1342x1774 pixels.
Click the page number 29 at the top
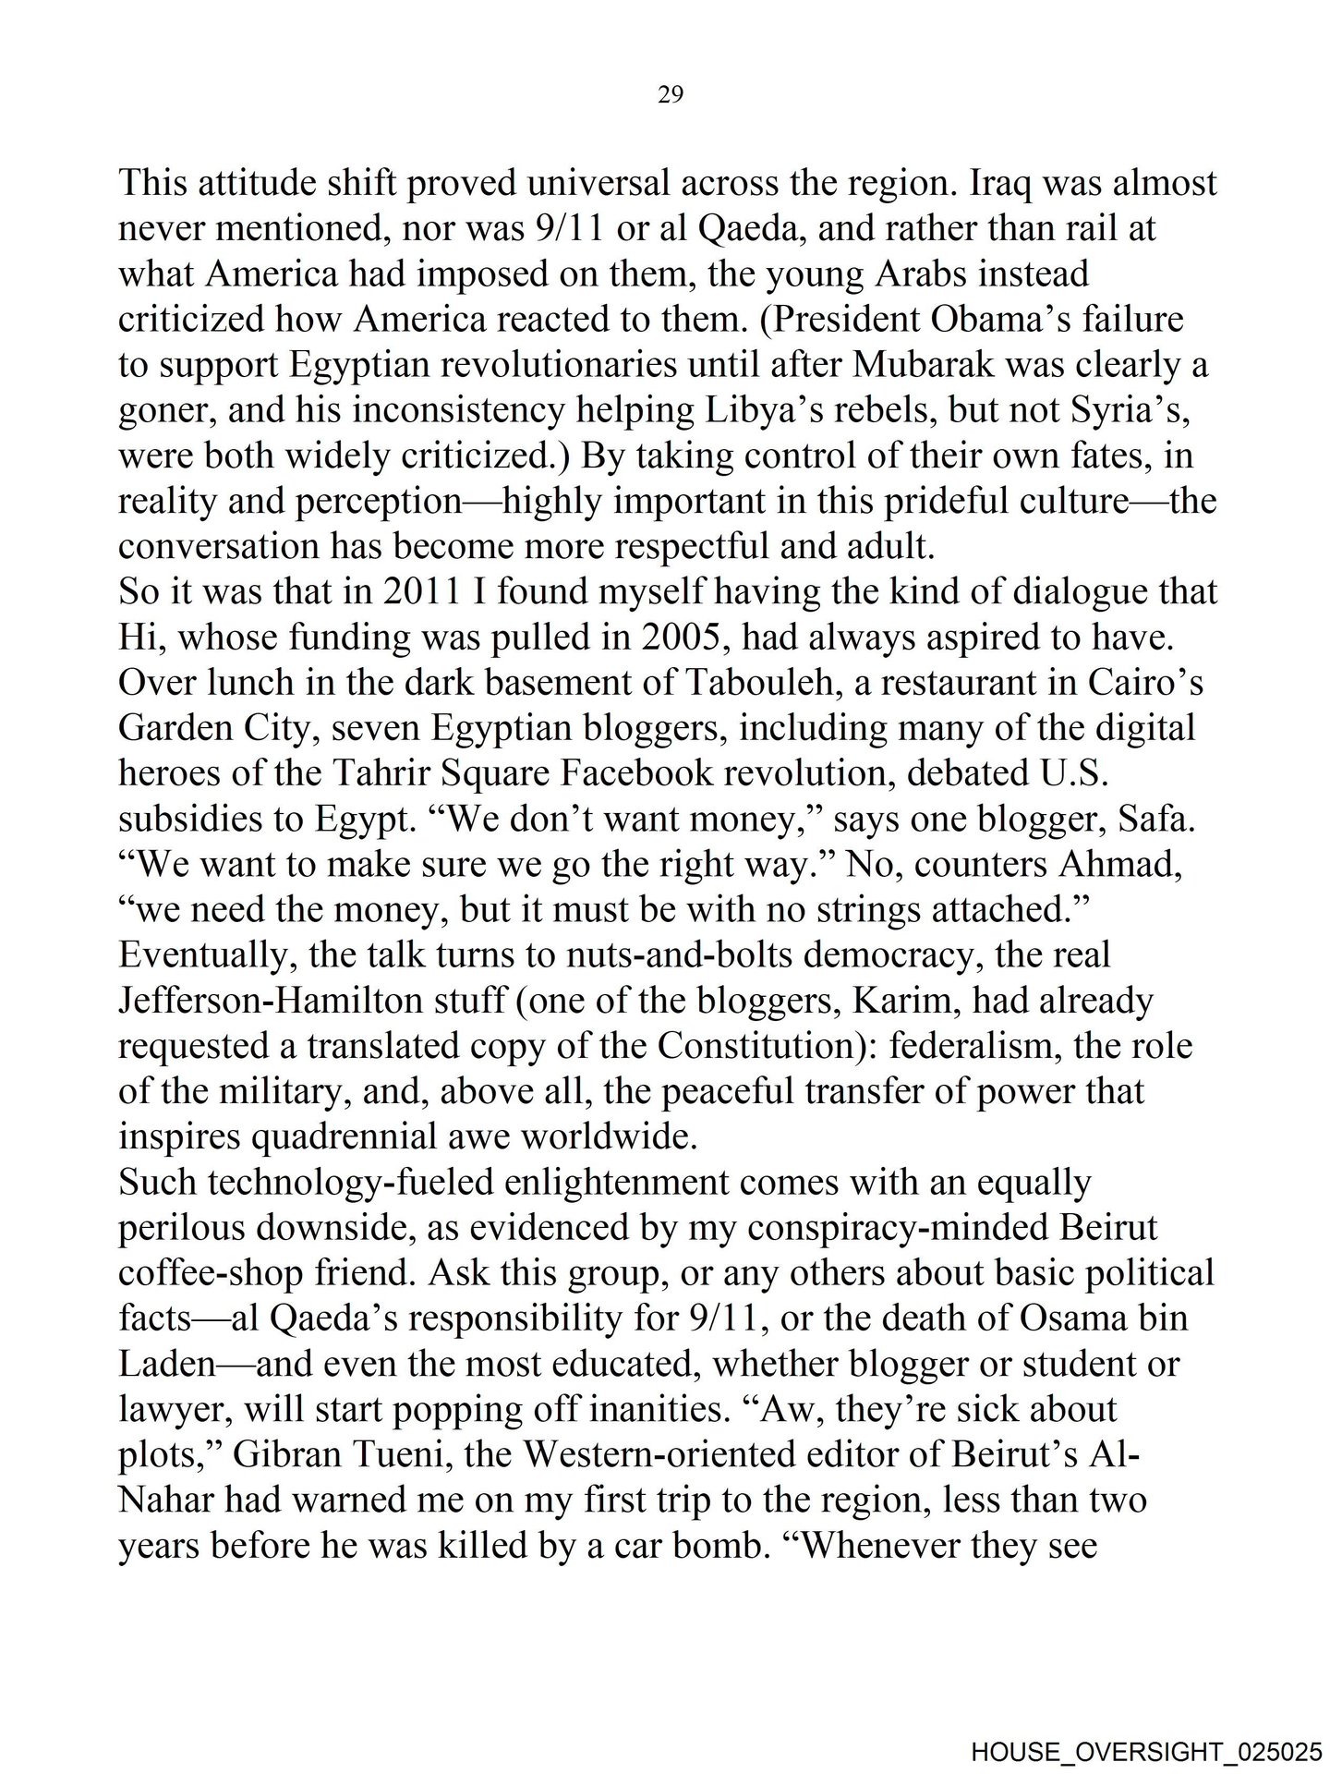pyautogui.click(x=671, y=94)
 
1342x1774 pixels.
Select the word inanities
pyautogui.click(x=646, y=1410)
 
